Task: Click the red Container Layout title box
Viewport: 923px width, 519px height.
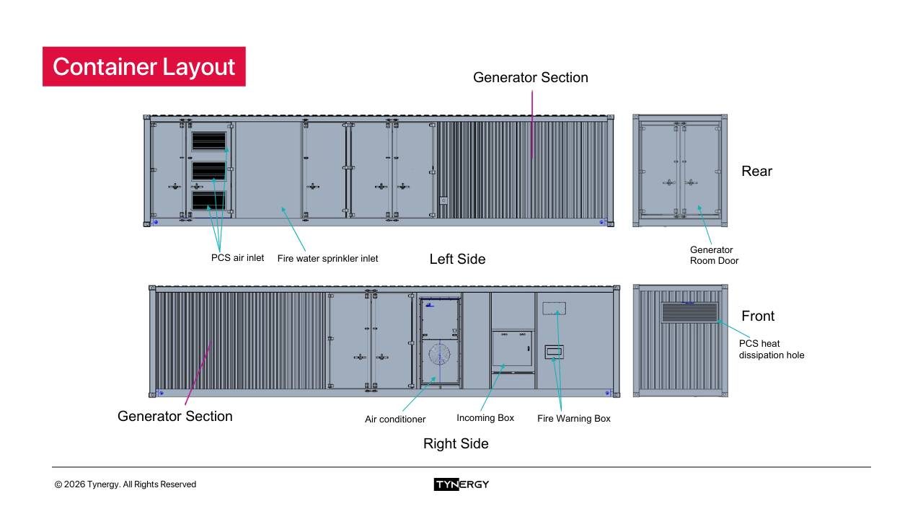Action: tap(143, 66)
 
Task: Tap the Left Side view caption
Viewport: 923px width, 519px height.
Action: tap(457, 259)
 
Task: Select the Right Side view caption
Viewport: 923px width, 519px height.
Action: tap(456, 443)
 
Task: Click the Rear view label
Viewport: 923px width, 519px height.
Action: tap(756, 171)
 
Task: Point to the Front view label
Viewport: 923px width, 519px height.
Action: tap(758, 316)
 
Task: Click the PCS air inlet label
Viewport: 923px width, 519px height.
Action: tap(237, 257)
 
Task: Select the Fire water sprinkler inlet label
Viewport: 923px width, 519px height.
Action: tap(327, 258)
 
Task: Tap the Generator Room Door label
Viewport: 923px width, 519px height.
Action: tap(714, 255)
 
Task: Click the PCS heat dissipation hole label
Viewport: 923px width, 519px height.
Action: tap(771, 349)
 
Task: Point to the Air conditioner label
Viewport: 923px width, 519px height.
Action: tap(395, 419)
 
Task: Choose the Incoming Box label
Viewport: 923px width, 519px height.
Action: tap(485, 418)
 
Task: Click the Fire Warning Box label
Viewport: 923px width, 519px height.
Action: tap(574, 419)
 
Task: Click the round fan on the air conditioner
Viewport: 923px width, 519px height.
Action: tap(439, 354)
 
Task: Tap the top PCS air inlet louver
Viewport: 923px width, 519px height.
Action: tap(209, 141)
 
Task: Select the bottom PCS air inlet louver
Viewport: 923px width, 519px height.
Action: tap(209, 200)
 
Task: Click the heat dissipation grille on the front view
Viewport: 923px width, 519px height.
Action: tap(689, 312)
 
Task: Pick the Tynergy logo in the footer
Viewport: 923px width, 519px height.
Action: tap(461, 484)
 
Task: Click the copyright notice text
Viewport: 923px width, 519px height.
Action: tap(125, 484)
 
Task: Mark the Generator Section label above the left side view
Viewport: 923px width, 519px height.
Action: tap(530, 77)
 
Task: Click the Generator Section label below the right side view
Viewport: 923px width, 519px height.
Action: tap(175, 416)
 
